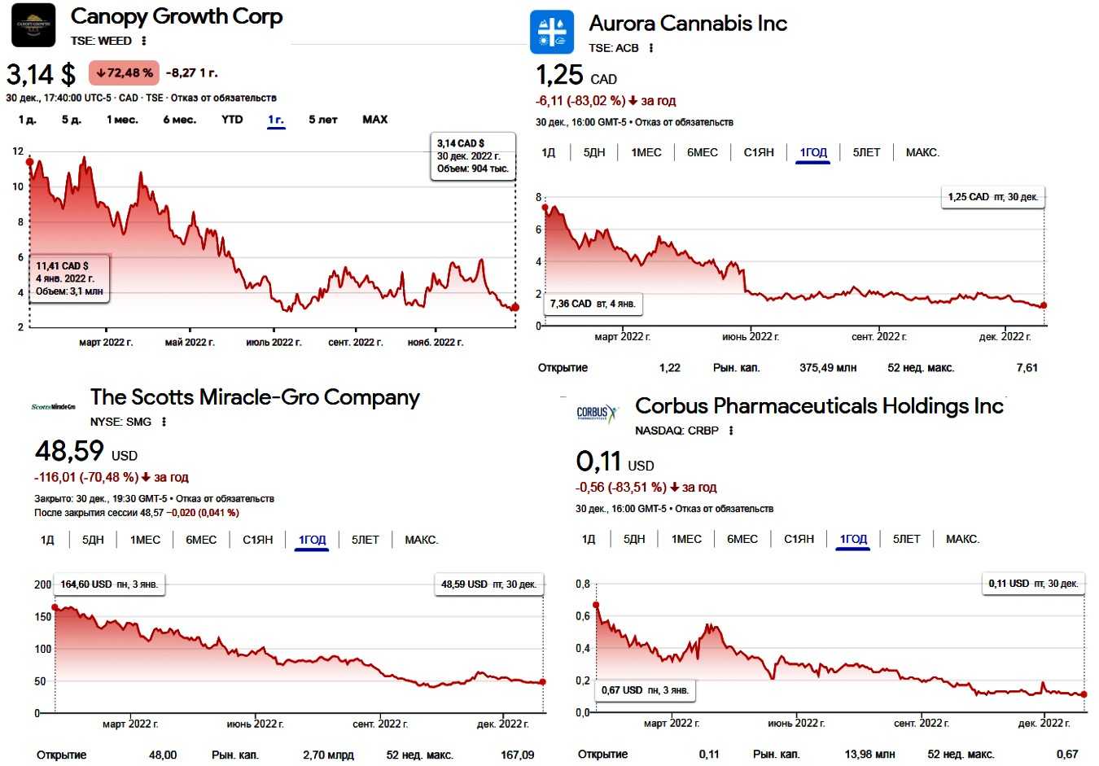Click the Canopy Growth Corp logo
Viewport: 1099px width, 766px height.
tap(33, 25)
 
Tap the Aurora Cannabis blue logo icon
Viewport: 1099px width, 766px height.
tap(552, 33)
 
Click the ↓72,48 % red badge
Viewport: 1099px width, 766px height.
tap(124, 73)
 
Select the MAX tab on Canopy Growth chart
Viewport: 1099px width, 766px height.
tap(374, 120)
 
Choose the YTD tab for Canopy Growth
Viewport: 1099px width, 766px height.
tap(232, 120)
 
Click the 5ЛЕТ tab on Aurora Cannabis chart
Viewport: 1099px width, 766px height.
tap(866, 152)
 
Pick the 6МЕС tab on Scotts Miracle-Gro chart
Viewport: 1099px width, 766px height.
tap(201, 540)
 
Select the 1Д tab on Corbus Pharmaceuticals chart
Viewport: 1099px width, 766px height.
tap(589, 539)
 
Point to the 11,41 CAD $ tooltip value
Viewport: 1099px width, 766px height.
tap(62, 265)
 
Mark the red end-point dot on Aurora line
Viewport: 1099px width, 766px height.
tap(1044, 305)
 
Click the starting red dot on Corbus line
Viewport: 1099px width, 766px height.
tap(596, 605)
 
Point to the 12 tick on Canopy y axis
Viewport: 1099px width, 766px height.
tap(18, 151)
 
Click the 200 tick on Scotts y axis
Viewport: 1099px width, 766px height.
tap(43, 584)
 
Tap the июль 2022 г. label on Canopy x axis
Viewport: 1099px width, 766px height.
tap(274, 343)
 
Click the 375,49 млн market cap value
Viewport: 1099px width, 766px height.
tap(828, 368)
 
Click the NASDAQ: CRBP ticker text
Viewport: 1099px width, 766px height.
tap(676, 431)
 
